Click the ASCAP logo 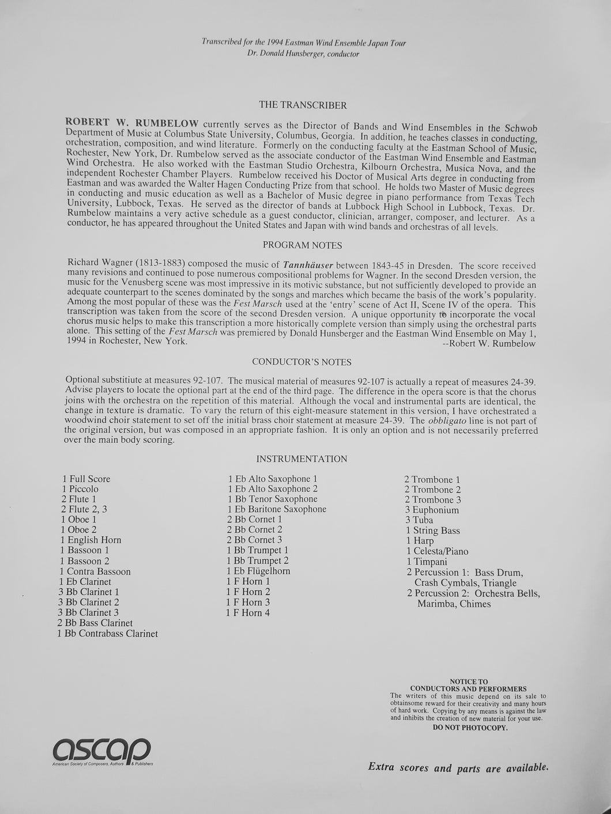click(x=101, y=750)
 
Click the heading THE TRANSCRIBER click(x=303, y=105)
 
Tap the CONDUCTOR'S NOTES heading click(x=301, y=362)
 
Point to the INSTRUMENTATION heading click(x=301, y=459)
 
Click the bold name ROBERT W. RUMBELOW click(x=133, y=123)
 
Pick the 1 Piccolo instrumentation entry click(x=83, y=489)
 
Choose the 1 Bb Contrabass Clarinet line click(x=107, y=634)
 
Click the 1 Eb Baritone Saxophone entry click(x=277, y=509)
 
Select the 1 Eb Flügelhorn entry click(x=258, y=571)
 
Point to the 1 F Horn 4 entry click(x=248, y=613)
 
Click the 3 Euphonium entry click(x=431, y=510)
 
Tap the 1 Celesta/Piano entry click(x=437, y=551)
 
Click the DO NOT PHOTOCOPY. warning click(x=470, y=728)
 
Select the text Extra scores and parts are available click(x=458, y=767)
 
